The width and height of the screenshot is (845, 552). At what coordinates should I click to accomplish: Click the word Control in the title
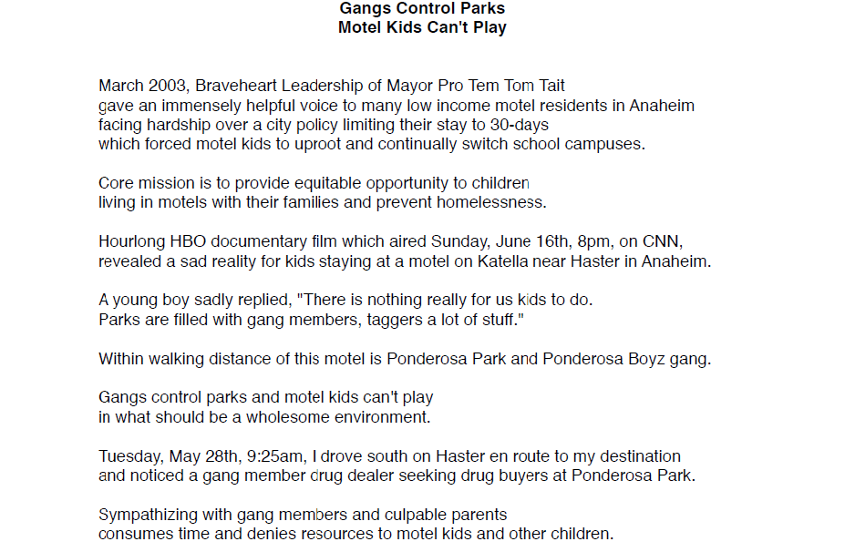(x=422, y=8)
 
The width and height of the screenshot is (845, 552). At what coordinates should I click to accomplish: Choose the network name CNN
(x=662, y=241)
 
